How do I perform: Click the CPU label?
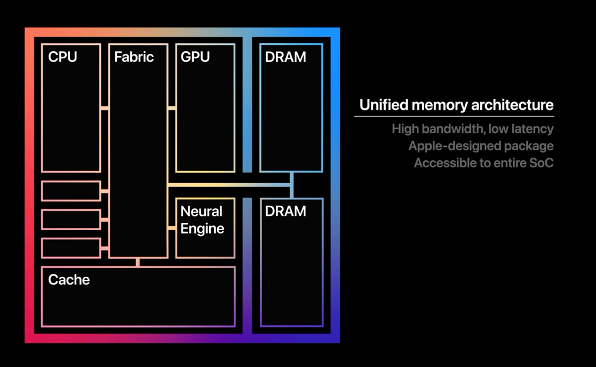click(62, 57)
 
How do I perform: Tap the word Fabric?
click(134, 57)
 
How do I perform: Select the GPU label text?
click(195, 57)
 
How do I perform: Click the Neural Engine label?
click(202, 220)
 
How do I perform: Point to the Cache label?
click(69, 279)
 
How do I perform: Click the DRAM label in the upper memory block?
click(285, 57)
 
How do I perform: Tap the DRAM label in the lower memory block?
click(285, 211)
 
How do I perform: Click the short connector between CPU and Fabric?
click(105, 108)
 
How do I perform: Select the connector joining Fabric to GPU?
click(171, 108)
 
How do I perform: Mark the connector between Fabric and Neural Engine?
click(171, 228)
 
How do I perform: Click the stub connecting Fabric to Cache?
click(138, 262)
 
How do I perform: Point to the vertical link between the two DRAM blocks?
click(291, 185)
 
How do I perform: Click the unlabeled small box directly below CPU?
click(71, 191)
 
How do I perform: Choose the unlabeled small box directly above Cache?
click(71, 248)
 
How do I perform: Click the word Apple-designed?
click(451, 146)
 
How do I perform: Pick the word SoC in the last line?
click(541, 163)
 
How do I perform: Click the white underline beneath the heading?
click(454, 116)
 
